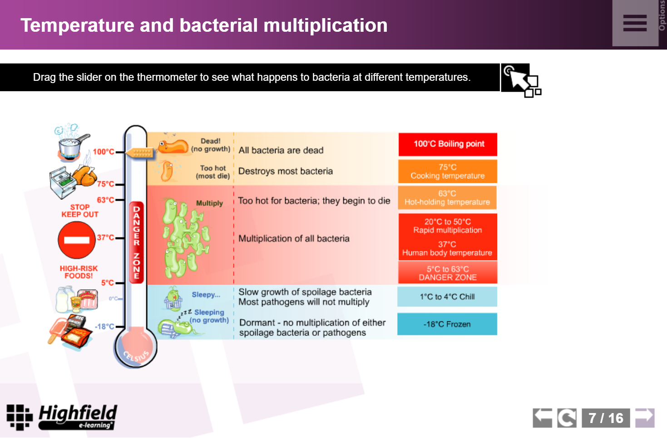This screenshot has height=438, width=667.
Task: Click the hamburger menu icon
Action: coord(635,23)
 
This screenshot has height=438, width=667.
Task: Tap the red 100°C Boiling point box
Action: coord(448,144)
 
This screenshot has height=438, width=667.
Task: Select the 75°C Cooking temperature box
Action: coord(448,171)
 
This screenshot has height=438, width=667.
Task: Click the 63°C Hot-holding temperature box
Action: coord(447,197)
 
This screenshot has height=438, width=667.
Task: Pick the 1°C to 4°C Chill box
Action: coord(447,297)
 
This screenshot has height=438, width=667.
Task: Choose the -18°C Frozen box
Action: coord(447,324)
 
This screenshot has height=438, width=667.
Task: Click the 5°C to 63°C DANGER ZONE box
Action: coord(448,273)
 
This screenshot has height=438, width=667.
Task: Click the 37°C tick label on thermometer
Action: coord(105,237)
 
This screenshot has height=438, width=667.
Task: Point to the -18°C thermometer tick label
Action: coord(104,326)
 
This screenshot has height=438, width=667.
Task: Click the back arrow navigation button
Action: coord(543,418)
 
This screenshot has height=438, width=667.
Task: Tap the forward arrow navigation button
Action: coord(645,418)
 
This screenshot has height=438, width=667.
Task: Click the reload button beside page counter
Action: coord(567,418)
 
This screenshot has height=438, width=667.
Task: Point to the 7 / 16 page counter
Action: coord(606,418)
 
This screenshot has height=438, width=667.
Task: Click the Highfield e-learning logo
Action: coord(62,417)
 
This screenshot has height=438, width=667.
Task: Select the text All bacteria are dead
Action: coord(281,150)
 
